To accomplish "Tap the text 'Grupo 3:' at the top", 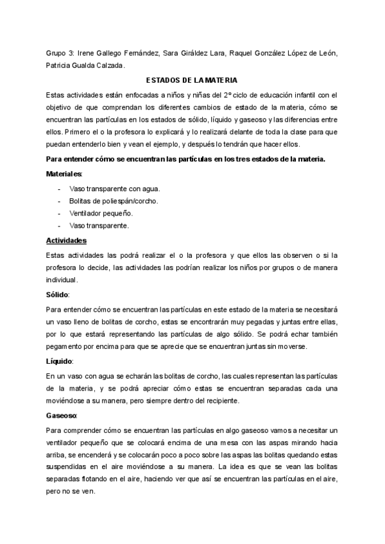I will click(x=60, y=53).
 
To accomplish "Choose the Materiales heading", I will click(x=64, y=174).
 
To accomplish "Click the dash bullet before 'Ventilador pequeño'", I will click(x=59, y=213).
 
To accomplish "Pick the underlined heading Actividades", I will click(x=67, y=241).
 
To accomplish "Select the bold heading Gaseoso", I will click(x=62, y=416).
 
